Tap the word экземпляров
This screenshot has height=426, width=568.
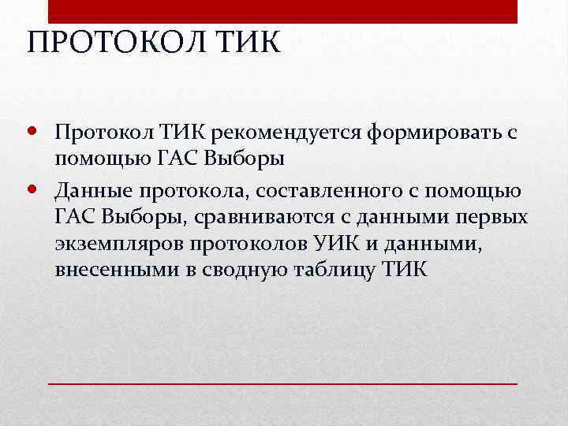[124, 244]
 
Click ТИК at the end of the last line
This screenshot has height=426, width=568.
[405, 270]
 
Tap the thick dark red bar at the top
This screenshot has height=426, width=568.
[283, 12]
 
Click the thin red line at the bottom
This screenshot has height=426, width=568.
[283, 382]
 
